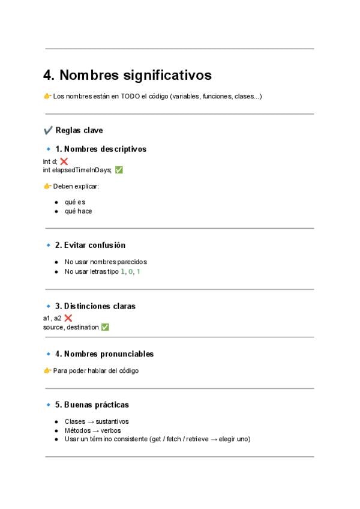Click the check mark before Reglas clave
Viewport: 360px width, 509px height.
point(48,130)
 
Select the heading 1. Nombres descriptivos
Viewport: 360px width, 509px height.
point(101,149)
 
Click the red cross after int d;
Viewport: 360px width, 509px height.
point(64,161)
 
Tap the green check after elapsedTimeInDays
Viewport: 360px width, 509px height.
point(119,170)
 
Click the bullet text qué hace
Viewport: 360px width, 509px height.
point(78,211)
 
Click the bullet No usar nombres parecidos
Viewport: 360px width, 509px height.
point(106,262)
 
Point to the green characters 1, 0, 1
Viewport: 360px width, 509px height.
point(131,271)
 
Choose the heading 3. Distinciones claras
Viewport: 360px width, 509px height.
point(95,306)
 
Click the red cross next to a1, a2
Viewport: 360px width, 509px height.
point(68,318)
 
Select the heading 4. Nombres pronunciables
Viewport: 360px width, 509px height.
point(104,354)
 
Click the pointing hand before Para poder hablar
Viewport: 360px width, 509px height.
point(47,370)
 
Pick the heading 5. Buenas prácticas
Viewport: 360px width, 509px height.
point(92,405)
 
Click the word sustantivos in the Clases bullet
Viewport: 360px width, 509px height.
point(112,421)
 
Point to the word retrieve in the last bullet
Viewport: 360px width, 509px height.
point(196,439)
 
